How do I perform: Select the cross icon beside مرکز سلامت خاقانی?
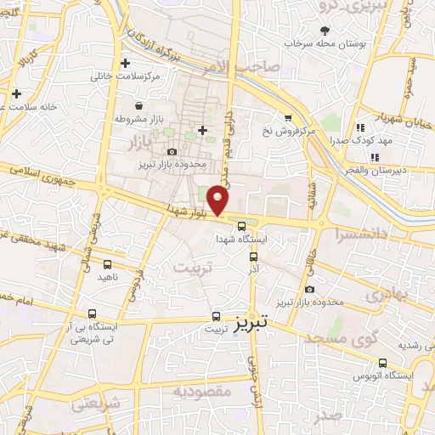click(126, 63)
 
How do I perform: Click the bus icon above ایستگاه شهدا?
click(243, 227)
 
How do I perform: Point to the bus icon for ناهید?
click(107, 265)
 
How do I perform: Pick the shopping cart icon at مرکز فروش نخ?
click(289, 117)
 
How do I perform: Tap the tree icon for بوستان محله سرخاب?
click(324, 31)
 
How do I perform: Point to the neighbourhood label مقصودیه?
click(202, 392)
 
